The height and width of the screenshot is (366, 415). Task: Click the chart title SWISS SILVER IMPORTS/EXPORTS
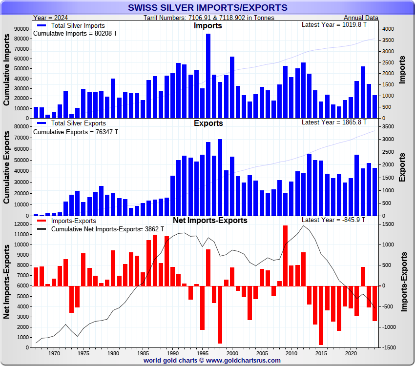point(207,7)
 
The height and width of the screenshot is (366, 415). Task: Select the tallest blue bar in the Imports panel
point(208,76)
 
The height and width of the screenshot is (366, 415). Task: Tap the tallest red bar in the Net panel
point(285,256)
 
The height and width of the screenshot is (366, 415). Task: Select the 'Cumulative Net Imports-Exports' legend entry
point(95,229)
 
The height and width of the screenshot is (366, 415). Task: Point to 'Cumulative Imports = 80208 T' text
point(75,34)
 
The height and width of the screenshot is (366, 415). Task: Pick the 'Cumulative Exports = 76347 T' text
point(75,132)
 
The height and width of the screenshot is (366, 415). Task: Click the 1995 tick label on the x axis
point(202,353)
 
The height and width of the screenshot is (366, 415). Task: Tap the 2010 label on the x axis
point(291,353)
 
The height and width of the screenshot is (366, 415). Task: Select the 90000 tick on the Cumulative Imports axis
point(21,29)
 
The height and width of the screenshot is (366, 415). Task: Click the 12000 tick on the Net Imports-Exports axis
point(21,224)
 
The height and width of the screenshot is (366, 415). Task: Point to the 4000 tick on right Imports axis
point(388,29)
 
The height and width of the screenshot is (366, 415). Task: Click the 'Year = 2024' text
point(50,18)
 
